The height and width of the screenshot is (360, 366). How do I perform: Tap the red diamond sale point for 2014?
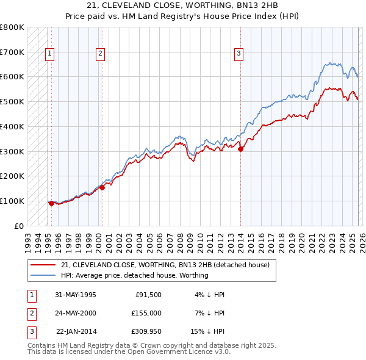coord(240,148)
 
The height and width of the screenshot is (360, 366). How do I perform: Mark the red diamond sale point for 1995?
coord(51,203)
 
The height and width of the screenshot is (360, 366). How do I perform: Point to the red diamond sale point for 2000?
coord(102,187)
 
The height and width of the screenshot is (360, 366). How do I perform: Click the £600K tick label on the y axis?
coord(12,77)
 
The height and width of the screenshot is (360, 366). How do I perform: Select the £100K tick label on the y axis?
coord(12,201)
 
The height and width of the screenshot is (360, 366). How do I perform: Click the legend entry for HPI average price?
coord(134,275)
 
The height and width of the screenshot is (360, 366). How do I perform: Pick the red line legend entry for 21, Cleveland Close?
coord(169,265)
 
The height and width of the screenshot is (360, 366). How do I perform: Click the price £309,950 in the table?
coord(146,331)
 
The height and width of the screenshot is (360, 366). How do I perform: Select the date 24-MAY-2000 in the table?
coord(75,313)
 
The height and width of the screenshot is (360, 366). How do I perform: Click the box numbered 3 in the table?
coord(30,331)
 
